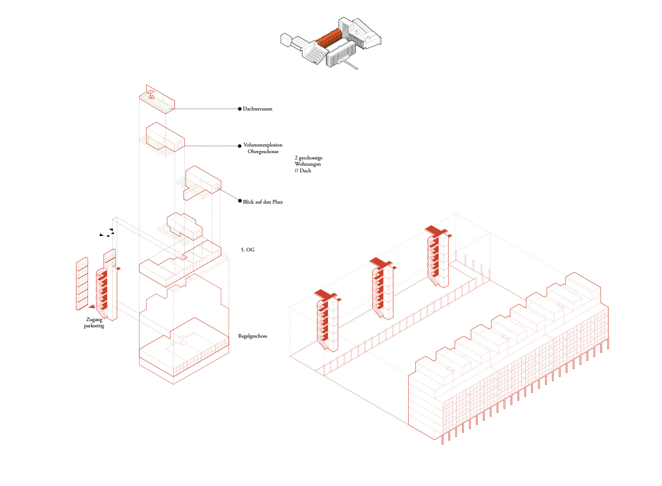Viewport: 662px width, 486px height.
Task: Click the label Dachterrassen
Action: (257, 109)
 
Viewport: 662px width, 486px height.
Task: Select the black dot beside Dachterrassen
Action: (240, 109)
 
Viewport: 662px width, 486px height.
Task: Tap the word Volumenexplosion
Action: (263, 145)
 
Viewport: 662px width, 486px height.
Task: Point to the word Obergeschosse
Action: (263, 152)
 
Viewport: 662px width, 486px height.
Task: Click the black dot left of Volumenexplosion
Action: (240, 146)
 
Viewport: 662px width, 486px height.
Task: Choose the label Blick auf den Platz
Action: (263, 202)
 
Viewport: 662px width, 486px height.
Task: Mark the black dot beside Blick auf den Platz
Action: (240, 201)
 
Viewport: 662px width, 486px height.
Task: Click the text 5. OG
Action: (248, 250)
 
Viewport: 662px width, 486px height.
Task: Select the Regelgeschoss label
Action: (253, 336)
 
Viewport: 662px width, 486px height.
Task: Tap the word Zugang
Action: (94, 320)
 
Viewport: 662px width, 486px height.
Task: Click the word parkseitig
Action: (94, 326)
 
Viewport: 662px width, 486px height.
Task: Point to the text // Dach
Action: (303, 171)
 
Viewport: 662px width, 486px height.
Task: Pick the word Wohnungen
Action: (307, 164)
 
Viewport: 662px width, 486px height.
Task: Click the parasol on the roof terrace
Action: (150, 94)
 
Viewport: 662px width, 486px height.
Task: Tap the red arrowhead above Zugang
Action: (92, 306)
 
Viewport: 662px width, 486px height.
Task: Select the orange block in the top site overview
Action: (329, 38)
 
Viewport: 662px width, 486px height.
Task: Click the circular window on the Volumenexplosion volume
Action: (180, 146)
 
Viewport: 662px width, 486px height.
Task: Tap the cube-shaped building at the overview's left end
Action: (286, 40)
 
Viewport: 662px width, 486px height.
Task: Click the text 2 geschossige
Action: (308, 158)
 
